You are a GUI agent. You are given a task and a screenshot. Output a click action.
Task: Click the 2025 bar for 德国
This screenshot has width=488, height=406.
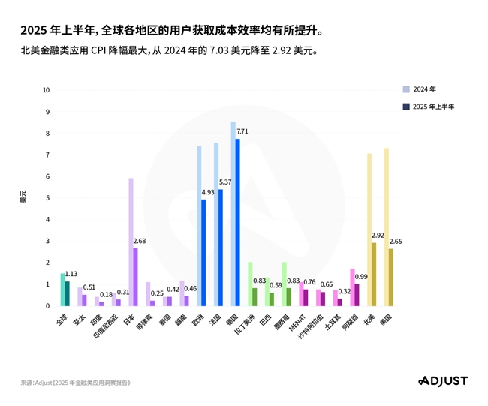pos(238,222)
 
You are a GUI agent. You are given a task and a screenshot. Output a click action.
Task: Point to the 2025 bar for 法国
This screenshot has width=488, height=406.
pos(221,248)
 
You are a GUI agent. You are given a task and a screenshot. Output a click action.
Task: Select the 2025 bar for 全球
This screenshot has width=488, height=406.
pos(68,293)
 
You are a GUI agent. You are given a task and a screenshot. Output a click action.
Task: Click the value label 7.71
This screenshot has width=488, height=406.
pos(242,131)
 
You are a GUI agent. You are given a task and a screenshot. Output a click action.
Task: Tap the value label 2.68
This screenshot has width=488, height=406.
pos(140,240)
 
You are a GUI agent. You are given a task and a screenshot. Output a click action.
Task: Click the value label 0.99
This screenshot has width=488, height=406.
pos(361,277)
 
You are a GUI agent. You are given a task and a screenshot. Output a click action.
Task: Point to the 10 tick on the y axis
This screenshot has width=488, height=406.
pos(47,90)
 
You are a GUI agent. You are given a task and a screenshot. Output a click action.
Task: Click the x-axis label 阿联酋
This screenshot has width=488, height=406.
pos(351,321)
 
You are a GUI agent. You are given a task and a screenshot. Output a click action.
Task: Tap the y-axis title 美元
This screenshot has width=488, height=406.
pos(23,197)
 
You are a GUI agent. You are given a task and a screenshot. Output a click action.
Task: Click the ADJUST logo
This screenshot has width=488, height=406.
pos(442,380)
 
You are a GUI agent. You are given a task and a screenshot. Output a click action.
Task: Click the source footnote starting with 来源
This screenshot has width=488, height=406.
pos(76,383)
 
